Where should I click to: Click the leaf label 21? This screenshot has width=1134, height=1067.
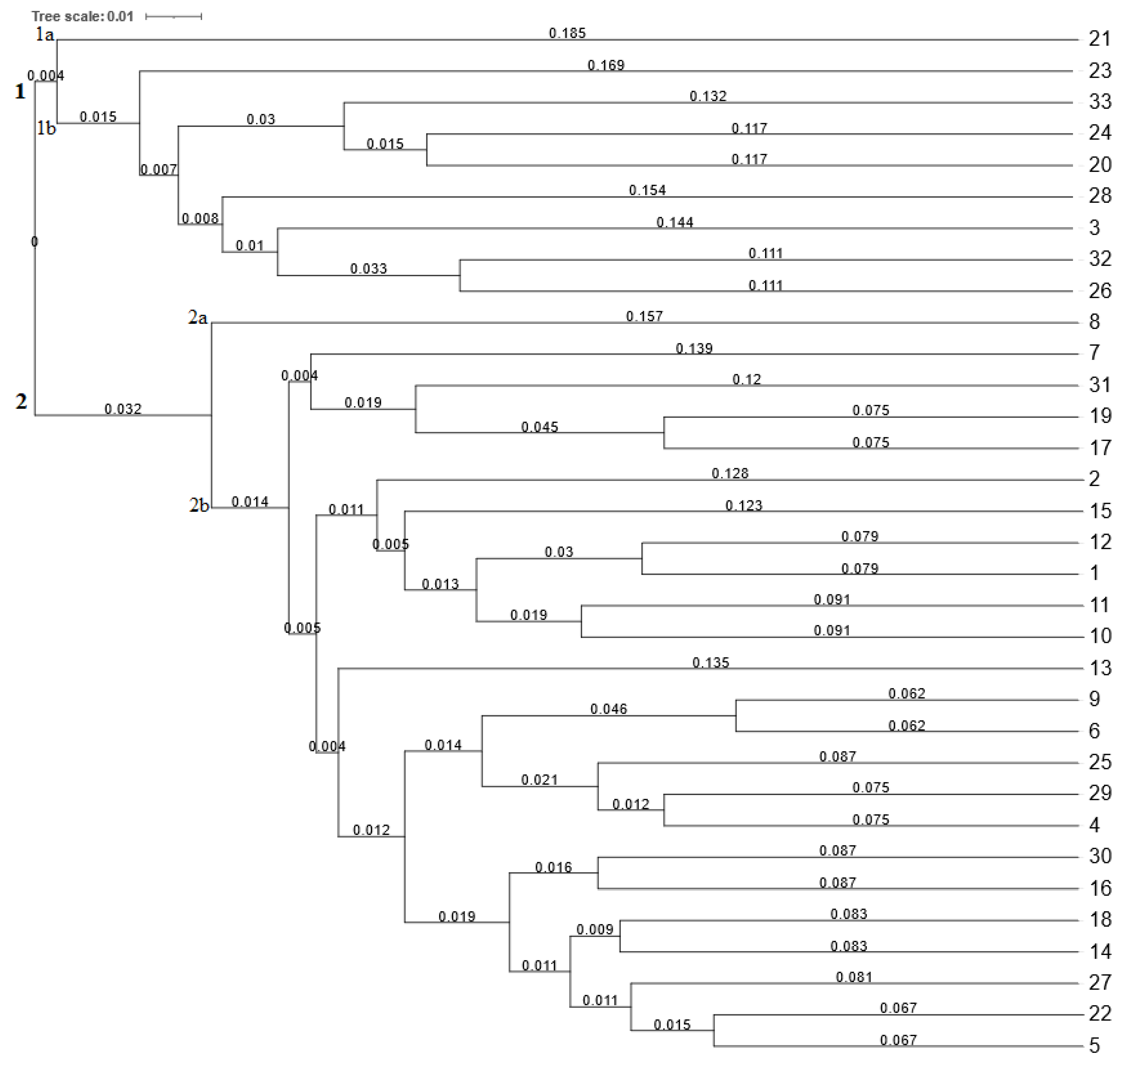click(x=1099, y=39)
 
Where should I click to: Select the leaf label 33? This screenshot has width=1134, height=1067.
click(x=1099, y=102)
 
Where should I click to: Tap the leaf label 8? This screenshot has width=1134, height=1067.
click(x=1093, y=322)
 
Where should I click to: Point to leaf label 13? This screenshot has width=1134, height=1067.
click(x=1100, y=668)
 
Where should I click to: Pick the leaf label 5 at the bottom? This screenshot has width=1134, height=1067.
click(x=1093, y=1046)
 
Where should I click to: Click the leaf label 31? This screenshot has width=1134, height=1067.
click(x=1099, y=385)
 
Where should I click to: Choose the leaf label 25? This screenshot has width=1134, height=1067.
click(x=1100, y=762)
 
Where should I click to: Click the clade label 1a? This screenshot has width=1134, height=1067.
click(x=44, y=35)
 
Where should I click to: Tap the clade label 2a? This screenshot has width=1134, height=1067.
click(x=197, y=317)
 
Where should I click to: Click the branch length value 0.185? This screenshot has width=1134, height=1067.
click(x=567, y=33)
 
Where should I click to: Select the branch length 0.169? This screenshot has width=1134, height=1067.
click(x=606, y=65)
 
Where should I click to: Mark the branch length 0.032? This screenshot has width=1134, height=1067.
click(x=123, y=409)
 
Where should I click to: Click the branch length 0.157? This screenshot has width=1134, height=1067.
click(x=644, y=316)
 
